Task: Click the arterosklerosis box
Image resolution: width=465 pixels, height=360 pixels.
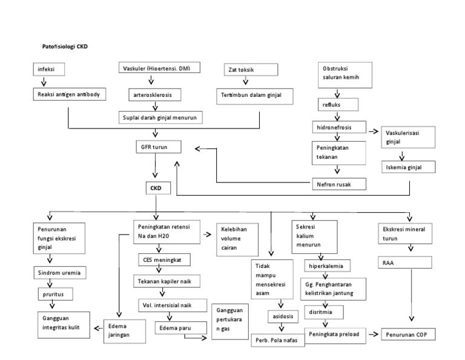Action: click(154, 95)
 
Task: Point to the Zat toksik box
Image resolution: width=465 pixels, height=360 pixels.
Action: click(250, 70)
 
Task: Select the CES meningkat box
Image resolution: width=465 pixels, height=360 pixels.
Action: click(163, 260)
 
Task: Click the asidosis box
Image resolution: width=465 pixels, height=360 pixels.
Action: click(282, 317)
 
